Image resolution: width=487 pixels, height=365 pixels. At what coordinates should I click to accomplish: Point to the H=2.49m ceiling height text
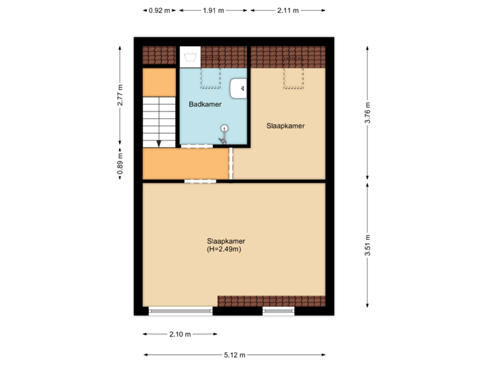pos(225,249)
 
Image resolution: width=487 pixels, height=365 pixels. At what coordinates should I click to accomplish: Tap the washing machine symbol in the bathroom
pos(189,56)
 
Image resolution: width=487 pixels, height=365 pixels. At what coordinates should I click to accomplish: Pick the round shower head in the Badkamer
pos(224,128)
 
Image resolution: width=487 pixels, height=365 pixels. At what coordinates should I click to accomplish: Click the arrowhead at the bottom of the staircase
pos(158,143)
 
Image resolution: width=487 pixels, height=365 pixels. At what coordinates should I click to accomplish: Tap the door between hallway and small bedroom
pos(231,164)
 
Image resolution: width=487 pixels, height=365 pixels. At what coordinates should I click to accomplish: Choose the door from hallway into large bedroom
pos(198,180)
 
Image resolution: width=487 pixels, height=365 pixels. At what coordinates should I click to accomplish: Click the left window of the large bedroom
pos(181,312)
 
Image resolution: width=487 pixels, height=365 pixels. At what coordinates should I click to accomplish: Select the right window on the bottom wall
pos(279,312)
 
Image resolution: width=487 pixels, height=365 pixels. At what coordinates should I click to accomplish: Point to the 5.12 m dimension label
pos(235,355)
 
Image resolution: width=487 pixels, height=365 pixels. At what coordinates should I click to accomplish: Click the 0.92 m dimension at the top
pos(160,10)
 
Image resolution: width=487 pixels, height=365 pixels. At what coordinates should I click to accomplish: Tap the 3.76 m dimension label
pos(367,113)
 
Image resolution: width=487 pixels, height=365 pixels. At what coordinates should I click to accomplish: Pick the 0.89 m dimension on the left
pos(120,164)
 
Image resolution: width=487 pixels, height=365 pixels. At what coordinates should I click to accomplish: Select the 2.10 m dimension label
pos(180,334)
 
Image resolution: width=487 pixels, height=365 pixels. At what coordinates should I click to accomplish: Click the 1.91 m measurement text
pos(213,10)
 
